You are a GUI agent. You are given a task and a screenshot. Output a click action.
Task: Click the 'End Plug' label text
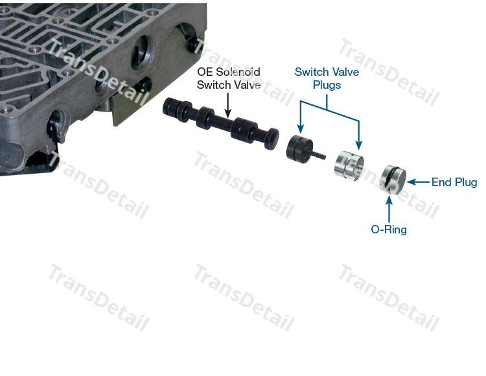point(454,182)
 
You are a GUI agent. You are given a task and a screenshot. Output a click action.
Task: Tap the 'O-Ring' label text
point(389,229)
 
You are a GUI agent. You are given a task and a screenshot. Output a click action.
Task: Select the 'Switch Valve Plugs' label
point(327,78)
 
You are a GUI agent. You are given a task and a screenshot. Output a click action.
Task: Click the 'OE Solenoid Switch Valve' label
point(229,78)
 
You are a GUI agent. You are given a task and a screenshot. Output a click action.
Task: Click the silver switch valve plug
point(349,166)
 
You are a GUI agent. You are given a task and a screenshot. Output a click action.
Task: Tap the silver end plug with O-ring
point(393,180)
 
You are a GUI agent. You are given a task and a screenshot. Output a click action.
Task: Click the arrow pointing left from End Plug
point(418,182)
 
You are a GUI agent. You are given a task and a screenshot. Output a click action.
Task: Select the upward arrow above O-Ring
point(389,209)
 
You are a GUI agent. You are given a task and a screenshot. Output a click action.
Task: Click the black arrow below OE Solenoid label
point(228,106)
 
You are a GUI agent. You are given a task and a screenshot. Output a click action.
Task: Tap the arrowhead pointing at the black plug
point(300,128)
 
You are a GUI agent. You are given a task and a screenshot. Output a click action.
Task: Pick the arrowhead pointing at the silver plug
point(359,145)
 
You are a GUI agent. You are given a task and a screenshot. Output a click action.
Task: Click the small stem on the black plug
point(319,154)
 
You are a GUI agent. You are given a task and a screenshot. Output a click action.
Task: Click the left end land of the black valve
point(170,107)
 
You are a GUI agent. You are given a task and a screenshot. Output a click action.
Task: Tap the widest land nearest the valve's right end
point(244,129)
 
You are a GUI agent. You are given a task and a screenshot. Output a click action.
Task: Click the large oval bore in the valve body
point(142,53)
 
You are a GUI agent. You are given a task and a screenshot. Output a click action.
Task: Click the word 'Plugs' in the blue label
point(327,85)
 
